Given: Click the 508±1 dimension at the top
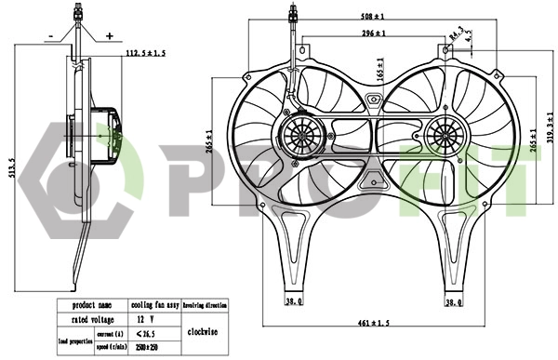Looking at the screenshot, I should coord(375,16).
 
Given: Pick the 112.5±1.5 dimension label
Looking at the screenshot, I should coord(145,55).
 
